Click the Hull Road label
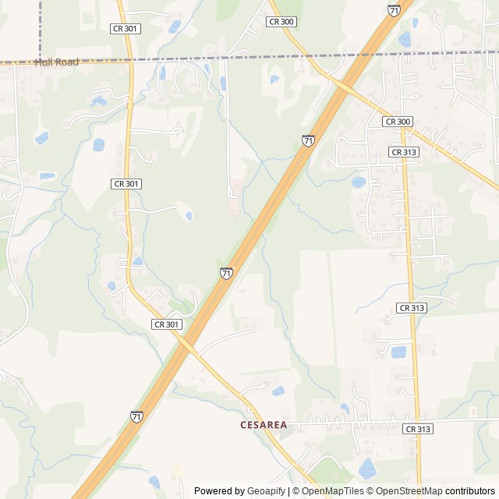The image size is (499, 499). (57, 62)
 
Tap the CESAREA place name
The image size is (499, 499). (264, 425)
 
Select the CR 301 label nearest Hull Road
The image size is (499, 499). (125, 28)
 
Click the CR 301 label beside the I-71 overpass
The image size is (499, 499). (167, 324)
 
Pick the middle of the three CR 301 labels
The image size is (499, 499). (126, 184)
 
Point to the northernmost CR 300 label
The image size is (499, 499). (281, 22)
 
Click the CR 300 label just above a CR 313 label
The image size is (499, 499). (398, 122)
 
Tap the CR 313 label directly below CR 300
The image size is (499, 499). (404, 152)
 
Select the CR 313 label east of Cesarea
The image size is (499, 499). (418, 429)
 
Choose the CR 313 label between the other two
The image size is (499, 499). (412, 308)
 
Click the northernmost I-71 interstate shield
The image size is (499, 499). (395, 10)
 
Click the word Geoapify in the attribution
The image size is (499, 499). (266, 491)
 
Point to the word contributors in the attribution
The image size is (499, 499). (470, 491)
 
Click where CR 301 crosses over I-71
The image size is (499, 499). (187, 344)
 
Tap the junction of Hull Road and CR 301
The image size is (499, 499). (129, 60)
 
